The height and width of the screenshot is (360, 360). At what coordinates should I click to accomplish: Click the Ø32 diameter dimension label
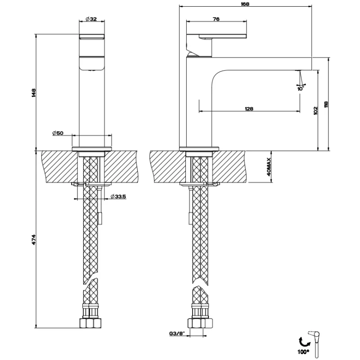click(91, 19)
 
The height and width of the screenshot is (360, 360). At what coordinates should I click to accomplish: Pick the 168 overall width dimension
click(245, 4)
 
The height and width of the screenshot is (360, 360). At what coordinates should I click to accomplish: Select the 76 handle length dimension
click(216, 19)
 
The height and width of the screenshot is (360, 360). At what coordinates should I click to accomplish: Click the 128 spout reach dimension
click(249, 108)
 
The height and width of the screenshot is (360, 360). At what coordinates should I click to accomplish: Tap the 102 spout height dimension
click(315, 109)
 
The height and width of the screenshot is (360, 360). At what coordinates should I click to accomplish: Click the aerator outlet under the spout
click(297, 71)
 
